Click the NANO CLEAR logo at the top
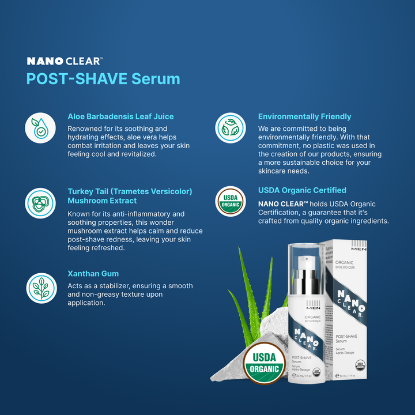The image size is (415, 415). click(x=65, y=61)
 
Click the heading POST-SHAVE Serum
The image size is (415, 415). click(x=103, y=78)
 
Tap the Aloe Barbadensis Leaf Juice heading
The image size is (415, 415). click(x=120, y=116)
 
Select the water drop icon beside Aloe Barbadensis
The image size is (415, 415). click(x=40, y=128)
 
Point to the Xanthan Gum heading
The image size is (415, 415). click(x=93, y=274)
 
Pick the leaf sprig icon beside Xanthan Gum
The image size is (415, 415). click(x=40, y=287)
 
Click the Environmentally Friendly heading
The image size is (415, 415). click(x=304, y=116)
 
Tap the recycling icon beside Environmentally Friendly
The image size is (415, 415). click(x=231, y=128)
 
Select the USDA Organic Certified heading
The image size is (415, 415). click(x=302, y=190)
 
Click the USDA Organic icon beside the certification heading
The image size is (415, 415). click(x=231, y=202)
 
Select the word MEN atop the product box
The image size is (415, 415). click(x=359, y=249)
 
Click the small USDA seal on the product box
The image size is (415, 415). click(x=360, y=364)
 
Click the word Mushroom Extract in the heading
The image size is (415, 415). click(x=102, y=201)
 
